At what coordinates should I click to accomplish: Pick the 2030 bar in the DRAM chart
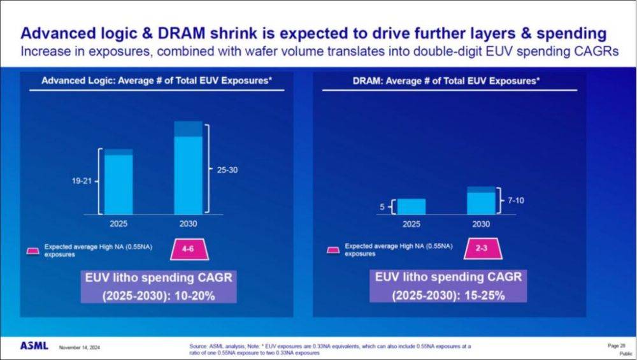coord(481,201)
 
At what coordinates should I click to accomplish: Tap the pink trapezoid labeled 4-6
coord(188,249)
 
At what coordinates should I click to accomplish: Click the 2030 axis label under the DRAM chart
coord(481,224)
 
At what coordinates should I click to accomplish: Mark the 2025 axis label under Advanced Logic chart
coord(118,224)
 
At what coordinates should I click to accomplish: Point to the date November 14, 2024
coord(80,347)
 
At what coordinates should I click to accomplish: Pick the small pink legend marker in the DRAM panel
coord(333,249)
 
